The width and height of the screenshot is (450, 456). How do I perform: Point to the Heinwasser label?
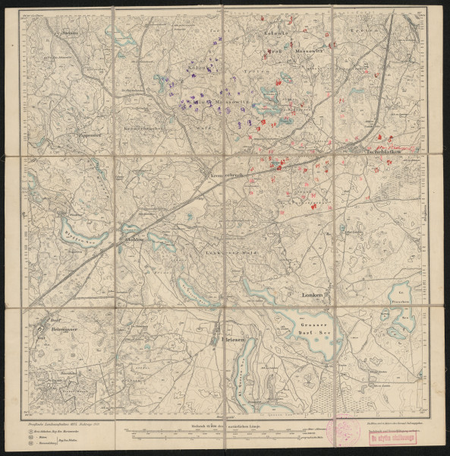(x=59, y=328)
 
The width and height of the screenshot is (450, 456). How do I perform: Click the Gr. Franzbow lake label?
(x=400, y=295)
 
